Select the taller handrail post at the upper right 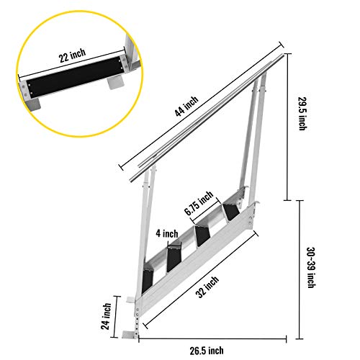pyautogui.click(x=253, y=137)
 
